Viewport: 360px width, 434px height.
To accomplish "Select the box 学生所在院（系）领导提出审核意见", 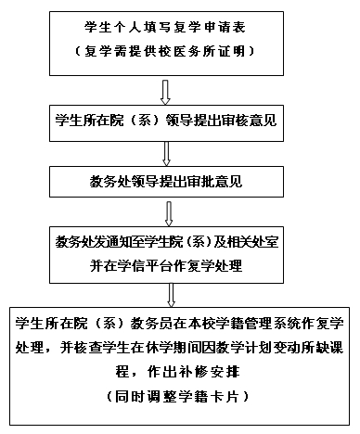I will [x=167, y=119].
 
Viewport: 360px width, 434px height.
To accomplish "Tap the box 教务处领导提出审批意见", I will [x=167, y=177].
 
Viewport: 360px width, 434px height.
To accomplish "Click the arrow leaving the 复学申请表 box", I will [x=166, y=90].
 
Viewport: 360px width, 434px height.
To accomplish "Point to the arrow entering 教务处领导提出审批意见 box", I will [x=167, y=150].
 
